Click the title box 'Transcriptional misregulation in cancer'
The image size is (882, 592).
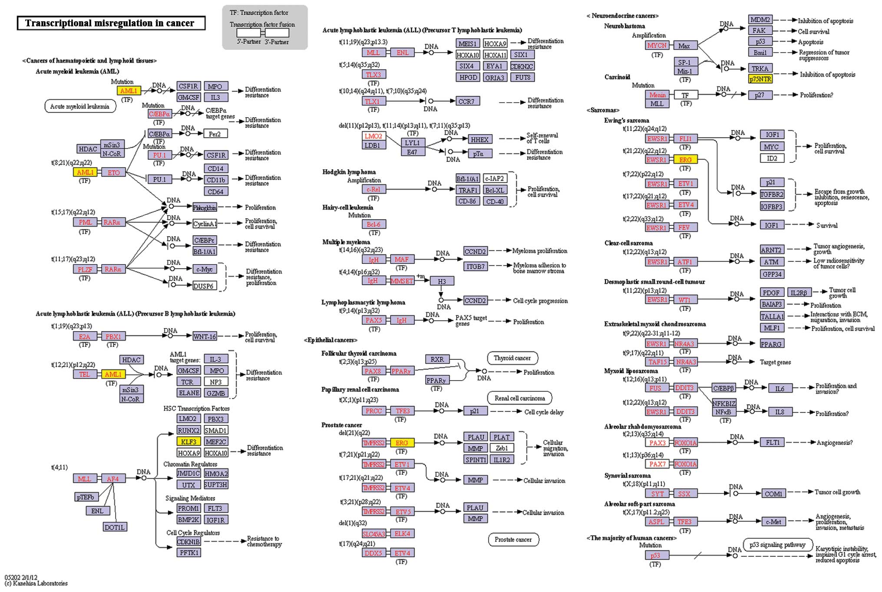pyautogui.click(x=111, y=23)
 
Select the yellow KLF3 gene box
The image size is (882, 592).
pyautogui.click(x=189, y=441)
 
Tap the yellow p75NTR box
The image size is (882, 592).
pyautogui.click(x=760, y=79)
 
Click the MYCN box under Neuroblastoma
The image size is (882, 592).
pyautogui.click(x=657, y=46)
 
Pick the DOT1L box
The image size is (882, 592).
pyautogui.click(x=115, y=527)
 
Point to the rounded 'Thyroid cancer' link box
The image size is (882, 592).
pyautogui.click(x=512, y=358)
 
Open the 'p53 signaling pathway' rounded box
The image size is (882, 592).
pyautogui.click(x=777, y=545)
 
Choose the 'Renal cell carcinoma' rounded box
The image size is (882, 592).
pyautogui.click(x=520, y=398)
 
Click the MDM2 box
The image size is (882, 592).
pyautogui.click(x=760, y=20)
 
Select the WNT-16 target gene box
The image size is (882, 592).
pyautogui.click(x=205, y=336)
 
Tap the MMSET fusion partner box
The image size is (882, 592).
pyautogui.click(x=402, y=281)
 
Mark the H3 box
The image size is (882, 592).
pyautogui.click(x=442, y=281)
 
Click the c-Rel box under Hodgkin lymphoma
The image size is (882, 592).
pyautogui.click(x=373, y=189)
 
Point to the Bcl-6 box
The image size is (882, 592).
pyautogui.click(x=373, y=224)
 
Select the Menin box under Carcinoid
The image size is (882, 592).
pyautogui.click(x=657, y=95)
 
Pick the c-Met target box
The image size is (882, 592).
pyautogui.click(x=774, y=522)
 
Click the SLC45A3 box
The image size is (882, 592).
pyautogui.click(x=373, y=533)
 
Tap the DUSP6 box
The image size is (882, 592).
pyautogui.click(x=204, y=286)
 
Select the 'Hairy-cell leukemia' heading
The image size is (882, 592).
pyautogui.click(x=348, y=207)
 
